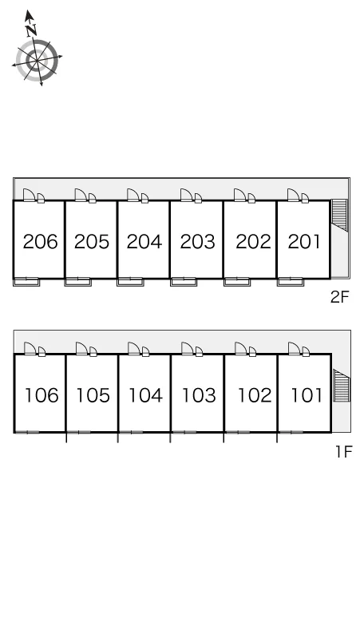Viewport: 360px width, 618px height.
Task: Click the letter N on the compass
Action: point(31,30)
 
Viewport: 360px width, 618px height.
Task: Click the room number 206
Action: point(40,242)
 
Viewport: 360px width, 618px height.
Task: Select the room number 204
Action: point(144,242)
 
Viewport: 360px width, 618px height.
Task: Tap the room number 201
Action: point(304,242)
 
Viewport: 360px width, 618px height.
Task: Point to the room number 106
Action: point(42,395)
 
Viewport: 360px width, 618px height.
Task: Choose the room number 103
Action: point(199,395)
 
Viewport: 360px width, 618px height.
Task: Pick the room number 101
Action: point(307,395)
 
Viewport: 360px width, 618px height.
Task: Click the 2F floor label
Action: point(340,297)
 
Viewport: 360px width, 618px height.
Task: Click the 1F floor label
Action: point(343,452)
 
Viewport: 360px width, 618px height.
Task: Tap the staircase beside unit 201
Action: point(339,216)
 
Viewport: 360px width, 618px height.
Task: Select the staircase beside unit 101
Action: point(342,386)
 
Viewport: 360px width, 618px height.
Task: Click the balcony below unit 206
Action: point(26,282)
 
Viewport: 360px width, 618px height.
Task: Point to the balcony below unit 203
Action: point(184,282)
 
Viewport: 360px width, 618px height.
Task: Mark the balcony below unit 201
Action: point(290,282)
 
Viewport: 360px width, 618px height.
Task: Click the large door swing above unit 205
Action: point(81,195)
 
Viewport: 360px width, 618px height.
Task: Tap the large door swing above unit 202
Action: point(239,195)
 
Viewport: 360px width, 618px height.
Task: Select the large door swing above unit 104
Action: point(133,348)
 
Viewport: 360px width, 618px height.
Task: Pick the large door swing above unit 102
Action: point(240,348)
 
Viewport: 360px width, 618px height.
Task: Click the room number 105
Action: point(93,395)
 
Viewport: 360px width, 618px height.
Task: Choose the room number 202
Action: point(253,242)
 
